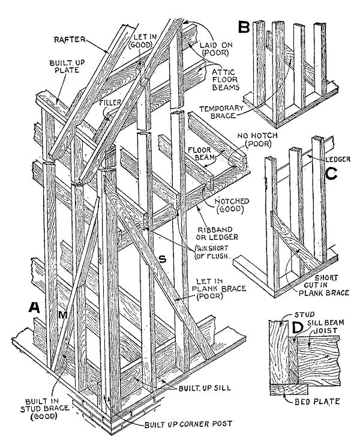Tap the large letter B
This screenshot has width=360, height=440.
pos(244,28)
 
